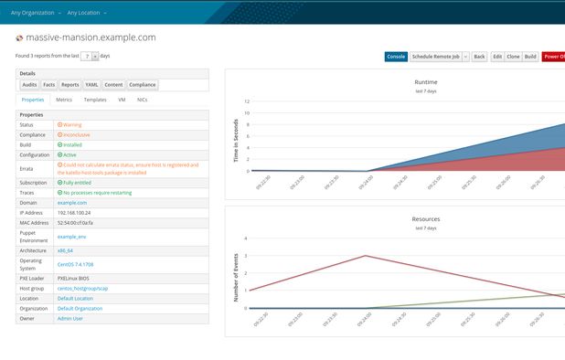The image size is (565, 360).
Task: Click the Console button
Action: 396,57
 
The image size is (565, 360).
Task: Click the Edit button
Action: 497,57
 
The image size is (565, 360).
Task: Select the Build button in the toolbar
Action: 530,57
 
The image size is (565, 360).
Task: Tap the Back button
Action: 479,57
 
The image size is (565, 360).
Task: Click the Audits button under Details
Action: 29,84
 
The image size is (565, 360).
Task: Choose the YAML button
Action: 91,84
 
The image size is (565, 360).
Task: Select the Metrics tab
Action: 64,100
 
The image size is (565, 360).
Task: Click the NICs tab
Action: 142,100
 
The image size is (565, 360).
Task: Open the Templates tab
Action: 95,100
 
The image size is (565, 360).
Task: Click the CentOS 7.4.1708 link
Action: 75,264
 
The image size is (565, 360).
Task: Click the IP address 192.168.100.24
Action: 75,211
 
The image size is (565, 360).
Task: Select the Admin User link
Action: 70,319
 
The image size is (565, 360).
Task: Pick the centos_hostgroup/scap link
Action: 83,287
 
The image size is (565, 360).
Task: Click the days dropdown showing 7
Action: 89,57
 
